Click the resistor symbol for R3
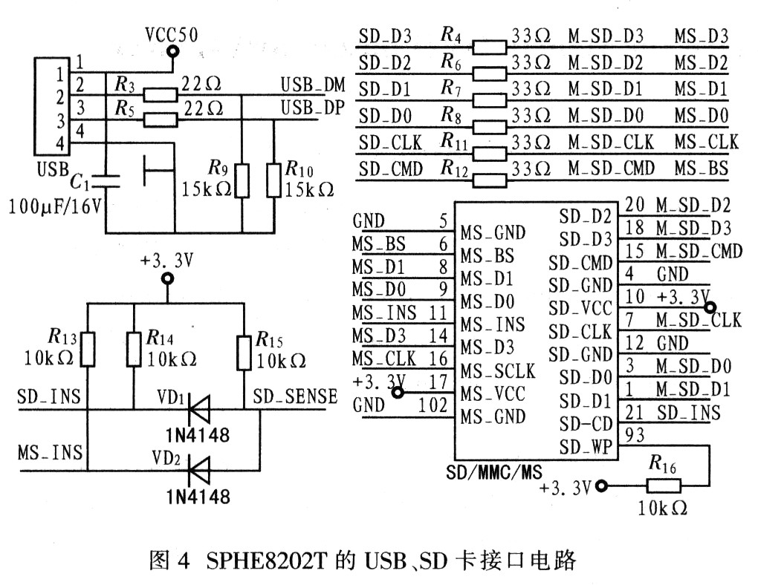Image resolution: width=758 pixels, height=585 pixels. [161, 95]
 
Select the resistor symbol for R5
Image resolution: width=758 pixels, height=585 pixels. [161, 120]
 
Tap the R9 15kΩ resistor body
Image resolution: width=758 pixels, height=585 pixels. [242, 180]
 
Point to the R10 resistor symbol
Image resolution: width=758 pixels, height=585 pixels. [273, 180]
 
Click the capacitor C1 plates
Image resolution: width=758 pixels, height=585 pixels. [106, 181]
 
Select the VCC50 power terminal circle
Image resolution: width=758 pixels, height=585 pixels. [171, 50]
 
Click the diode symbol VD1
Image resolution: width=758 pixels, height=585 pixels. [198, 410]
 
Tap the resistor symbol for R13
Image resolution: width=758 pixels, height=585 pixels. [88, 349]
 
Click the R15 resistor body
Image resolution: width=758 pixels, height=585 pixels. [244, 353]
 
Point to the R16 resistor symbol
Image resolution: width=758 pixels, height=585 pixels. [663, 486]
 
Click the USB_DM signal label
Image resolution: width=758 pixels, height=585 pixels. [313, 85]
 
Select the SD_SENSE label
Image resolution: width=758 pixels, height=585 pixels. [295, 396]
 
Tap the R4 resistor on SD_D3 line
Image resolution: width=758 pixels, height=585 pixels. [489, 48]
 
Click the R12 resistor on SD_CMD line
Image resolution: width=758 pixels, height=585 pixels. [489, 180]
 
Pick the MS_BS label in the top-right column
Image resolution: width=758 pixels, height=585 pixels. [702, 168]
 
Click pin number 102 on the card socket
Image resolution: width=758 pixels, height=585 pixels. [433, 405]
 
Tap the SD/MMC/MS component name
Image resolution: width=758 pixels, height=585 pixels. [494, 471]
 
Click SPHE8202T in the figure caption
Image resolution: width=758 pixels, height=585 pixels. [266, 561]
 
